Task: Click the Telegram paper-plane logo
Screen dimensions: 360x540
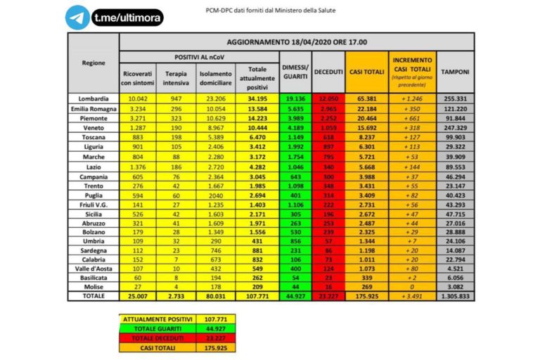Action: pos(77,18)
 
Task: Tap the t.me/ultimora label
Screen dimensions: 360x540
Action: pos(127,18)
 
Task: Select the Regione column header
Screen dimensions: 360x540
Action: pos(94,62)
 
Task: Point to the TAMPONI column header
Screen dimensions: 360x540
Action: pos(455,72)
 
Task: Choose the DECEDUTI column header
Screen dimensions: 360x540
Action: pos(328,72)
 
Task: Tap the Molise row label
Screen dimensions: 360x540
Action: pos(94,288)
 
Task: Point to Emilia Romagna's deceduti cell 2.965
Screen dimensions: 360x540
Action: pos(328,109)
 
